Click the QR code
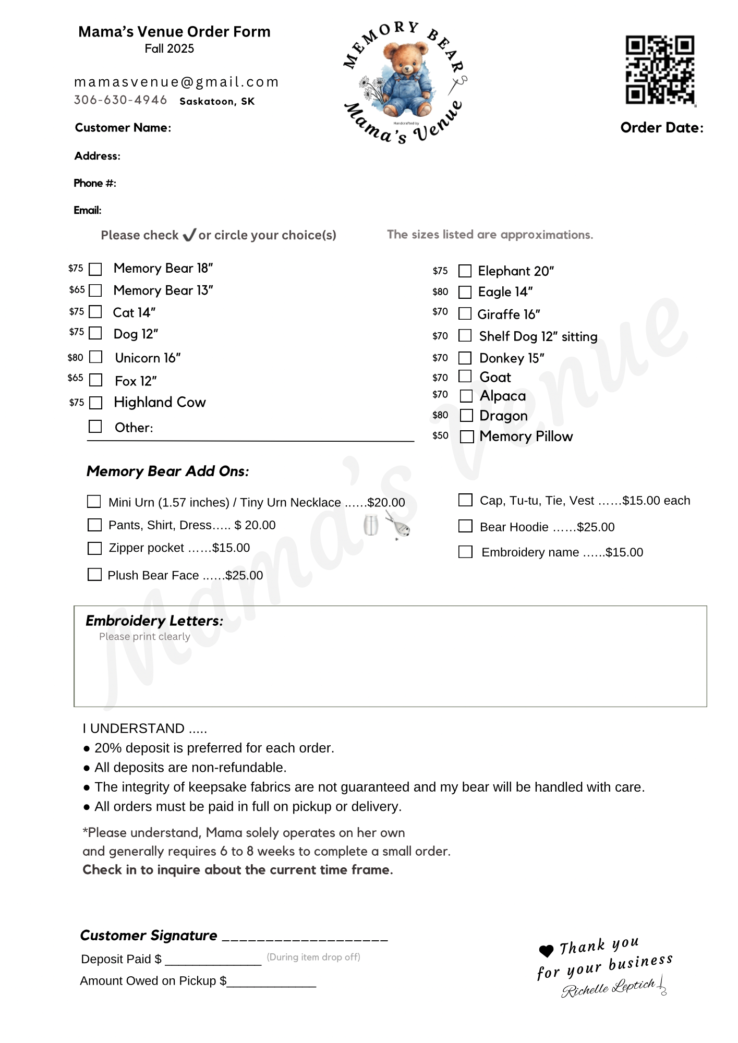point(660,69)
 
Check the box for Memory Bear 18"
point(95,269)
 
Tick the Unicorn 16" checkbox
point(95,357)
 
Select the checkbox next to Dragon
point(466,416)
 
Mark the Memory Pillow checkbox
point(467,436)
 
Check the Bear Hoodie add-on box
point(465,526)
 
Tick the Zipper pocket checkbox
point(94,548)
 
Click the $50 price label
point(440,435)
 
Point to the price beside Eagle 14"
point(440,292)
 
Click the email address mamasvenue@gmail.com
point(176,82)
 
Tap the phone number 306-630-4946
point(120,100)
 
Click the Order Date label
point(661,128)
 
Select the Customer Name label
point(123,128)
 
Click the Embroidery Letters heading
point(154,621)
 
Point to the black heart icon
point(546,951)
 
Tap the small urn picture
point(370,524)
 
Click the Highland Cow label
point(160,403)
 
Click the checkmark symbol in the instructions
point(189,235)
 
